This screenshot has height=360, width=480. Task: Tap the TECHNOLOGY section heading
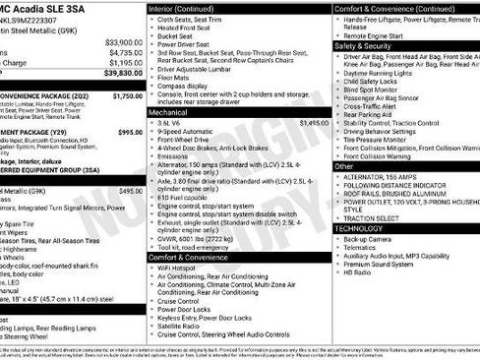[359, 227]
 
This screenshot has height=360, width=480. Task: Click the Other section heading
[343, 166]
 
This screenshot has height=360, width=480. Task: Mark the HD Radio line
[357, 271]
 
